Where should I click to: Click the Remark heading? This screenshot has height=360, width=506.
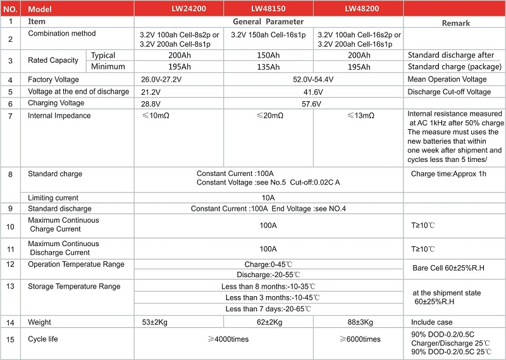[454, 23]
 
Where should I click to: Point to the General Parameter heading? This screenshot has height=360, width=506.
[268, 22]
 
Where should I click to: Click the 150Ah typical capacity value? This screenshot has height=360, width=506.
[268, 56]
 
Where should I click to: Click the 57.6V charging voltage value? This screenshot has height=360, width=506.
[313, 103]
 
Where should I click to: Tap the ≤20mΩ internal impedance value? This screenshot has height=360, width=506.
[268, 116]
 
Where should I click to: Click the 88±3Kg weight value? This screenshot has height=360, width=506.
[358, 323]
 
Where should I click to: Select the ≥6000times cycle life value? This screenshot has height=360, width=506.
[358, 339]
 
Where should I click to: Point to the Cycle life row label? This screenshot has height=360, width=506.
[43, 339]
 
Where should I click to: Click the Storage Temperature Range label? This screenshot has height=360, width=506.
[74, 287]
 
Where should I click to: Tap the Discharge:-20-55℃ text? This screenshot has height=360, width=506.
[268, 275]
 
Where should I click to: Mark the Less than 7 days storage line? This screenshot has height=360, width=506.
[268, 309]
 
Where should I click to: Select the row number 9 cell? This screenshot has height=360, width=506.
[11, 209]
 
